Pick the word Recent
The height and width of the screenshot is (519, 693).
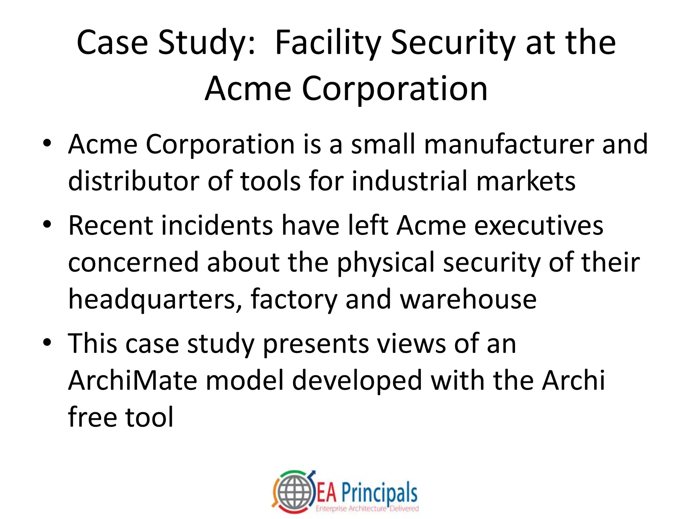click(x=110, y=225)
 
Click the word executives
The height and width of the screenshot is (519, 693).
click(x=539, y=225)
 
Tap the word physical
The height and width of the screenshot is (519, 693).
click(x=386, y=263)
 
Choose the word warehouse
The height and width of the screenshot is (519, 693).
click(x=468, y=299)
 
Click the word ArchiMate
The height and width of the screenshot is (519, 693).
click(x=133, y=380)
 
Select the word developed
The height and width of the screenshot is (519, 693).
click(x=357, y=380)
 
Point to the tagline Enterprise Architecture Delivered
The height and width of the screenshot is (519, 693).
click(x=367, y=509)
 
